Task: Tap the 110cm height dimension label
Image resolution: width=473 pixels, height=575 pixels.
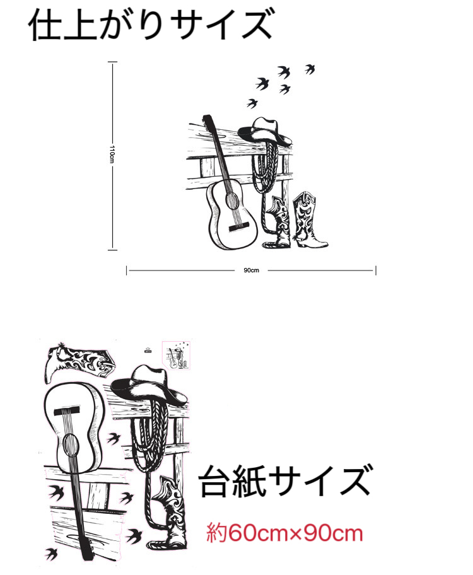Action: coord(112,154)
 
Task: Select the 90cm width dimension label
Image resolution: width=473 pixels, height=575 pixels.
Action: coord(251,270)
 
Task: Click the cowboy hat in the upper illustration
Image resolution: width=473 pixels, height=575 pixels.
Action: coord(266,131)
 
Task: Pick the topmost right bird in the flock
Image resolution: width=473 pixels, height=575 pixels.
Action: coord(310,69)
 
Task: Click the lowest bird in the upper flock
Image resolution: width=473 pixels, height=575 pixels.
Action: coord(252,103)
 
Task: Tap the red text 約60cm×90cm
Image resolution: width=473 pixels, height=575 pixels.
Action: coord(285,533)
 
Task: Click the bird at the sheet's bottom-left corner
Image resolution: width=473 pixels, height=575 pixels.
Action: coord(52,554)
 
